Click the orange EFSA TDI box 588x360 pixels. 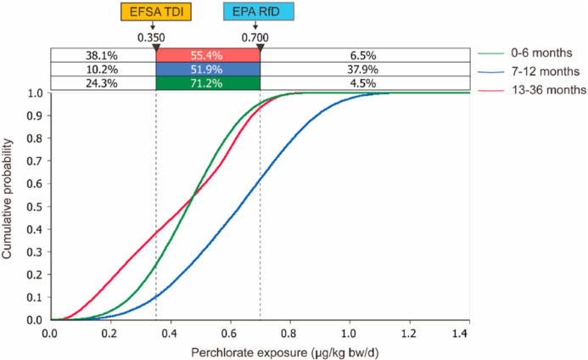point(155,13)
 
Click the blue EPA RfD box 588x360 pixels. point(258,13)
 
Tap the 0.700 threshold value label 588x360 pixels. point(256,38)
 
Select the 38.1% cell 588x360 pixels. point(103,55)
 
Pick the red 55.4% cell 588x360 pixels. point(208,55)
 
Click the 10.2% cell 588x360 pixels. point(103,69)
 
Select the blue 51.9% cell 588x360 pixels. point(208,69)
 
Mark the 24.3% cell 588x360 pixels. point(103,83)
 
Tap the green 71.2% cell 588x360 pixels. point(208,83)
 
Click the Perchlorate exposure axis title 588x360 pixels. point(260,352)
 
